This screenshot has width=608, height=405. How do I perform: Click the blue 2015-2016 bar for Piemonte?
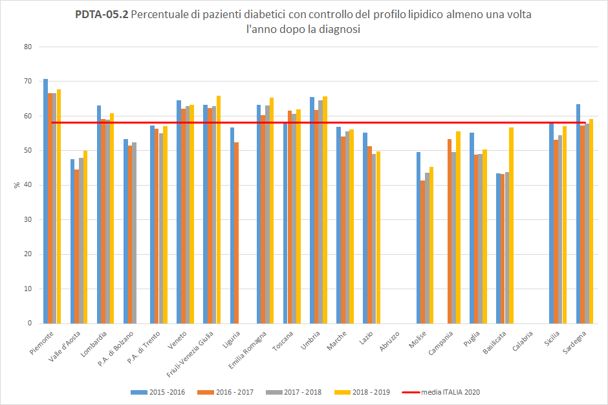click(45, 201)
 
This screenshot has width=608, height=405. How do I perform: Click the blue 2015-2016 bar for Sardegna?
click(578, 213)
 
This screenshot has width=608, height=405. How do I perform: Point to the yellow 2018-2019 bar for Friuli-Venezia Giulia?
click(219, 210)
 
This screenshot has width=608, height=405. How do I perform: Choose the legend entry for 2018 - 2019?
click(362, 392)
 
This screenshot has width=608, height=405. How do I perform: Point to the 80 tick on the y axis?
click(28, 47)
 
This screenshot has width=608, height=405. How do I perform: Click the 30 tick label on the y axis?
click(28, 219)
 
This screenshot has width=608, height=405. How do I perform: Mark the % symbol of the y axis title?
click(17, 185)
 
